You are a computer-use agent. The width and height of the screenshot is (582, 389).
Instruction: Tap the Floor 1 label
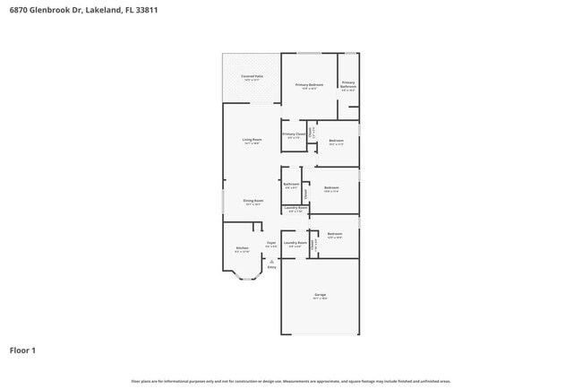pos(23,350)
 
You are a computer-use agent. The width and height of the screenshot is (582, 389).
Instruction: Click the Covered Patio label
pos(252,77)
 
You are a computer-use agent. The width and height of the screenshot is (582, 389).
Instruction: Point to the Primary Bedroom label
pos(309,85)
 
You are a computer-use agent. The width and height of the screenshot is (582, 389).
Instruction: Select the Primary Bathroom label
pos(348,84)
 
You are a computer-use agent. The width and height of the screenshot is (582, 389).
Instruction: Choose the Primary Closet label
pos(295,134)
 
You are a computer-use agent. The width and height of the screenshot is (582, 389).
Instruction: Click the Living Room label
pos(252,140)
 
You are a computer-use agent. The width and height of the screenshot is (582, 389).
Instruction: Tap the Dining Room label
pos(252,201)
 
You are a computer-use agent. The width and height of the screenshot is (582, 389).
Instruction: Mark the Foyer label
pos(270,243)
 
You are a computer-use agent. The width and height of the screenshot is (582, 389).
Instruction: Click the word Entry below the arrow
pos(271,267)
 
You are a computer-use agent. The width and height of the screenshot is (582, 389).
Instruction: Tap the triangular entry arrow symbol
pos(271,260)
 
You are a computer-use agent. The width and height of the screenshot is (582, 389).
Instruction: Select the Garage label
pos(320,295)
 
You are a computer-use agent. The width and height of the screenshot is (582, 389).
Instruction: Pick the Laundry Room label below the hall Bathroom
pos(295,210)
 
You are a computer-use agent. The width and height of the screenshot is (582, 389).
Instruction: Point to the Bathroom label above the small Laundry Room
pos(291,185)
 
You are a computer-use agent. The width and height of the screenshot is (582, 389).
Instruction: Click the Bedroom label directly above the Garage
pos(335,234)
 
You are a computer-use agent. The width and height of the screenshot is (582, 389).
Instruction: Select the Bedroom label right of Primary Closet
pos(336,141)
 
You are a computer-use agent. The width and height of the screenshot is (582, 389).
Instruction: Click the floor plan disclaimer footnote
pos(291,380)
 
